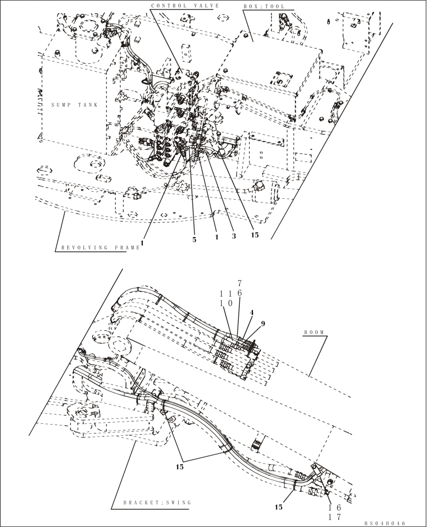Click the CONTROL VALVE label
(184, 6)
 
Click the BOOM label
(315, 333)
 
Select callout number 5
(194, 239)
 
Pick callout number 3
(233, 237)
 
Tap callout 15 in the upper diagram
(255, 236)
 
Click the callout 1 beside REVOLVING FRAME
(142, 243)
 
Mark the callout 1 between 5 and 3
(216, 238)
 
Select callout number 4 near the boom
(252, 313)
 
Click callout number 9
(262, 324)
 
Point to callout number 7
(239, 283)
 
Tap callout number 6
(239, 292)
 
